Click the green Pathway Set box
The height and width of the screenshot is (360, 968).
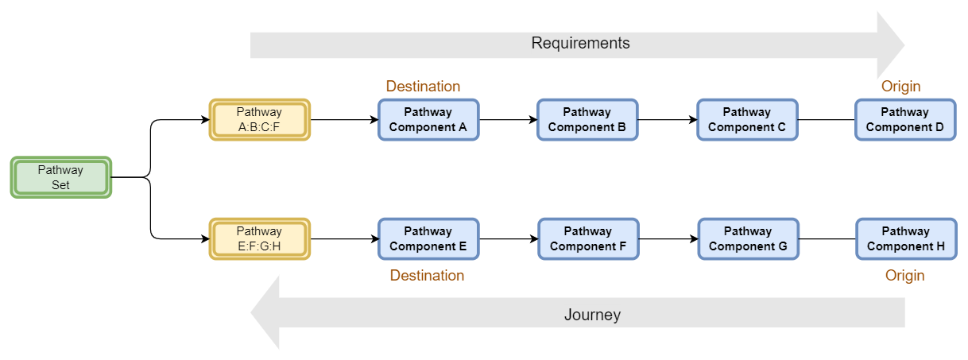pyautogui.click(x=60, y=177)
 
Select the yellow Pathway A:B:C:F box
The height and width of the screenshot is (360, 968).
pyautogui.click(x=259, y=120)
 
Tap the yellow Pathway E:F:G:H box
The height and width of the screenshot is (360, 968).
pyautogui.click(x=259, y=238)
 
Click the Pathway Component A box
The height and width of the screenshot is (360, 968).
pyautogui.click(x=428, y=120)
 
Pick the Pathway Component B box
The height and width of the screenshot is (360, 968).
pyautogui.click(x=587, y=120)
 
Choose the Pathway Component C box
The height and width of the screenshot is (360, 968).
pyautogui.click(x=747, y=120)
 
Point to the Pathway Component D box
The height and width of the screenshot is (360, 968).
pyautogui.click(x=905, y=120)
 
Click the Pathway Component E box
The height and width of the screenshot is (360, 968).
pyautogui.click(x=428, y=238)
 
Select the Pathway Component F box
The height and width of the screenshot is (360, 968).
pyautogui.click(x=588, y=238)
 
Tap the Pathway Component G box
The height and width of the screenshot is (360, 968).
pyautogui.click(x=748, y=238)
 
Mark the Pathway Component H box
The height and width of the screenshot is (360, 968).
pyautogui.click(x=906, y=238)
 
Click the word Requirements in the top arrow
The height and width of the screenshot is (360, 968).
pyautogui.click(x=580, y=44)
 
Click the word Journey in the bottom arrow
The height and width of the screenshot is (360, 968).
pyautogui.click(x=592, y=315)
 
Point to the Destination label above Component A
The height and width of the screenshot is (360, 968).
pyautogui.click(x=423, y=86)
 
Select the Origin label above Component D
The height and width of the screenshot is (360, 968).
pyautogui.click(x=900, y=86)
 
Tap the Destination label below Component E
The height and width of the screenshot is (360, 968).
pyautogui.click(x=427, y=276)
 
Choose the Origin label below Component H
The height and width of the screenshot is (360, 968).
pyautogui.click(x=904, y=276)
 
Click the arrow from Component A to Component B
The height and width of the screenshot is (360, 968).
pyautogui.click(x=508, y=120)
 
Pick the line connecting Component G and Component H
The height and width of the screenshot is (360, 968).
pyautogui.click(x=827, y=238)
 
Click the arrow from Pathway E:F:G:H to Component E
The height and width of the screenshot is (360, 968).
pyautogui.click(x=343, y=238)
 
